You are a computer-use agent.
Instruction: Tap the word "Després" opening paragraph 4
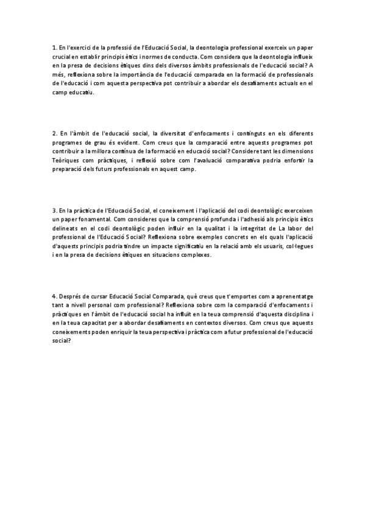pyautogui.click(x=71, y=296)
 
